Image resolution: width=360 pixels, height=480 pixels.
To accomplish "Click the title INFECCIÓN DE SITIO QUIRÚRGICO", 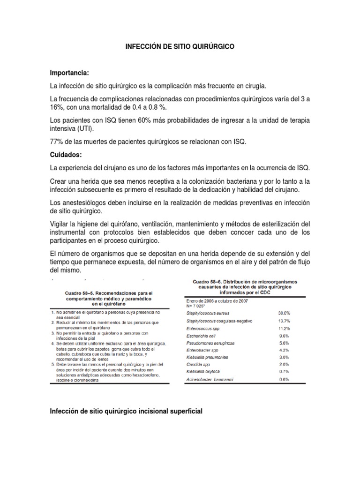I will click(x=180, y=47).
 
